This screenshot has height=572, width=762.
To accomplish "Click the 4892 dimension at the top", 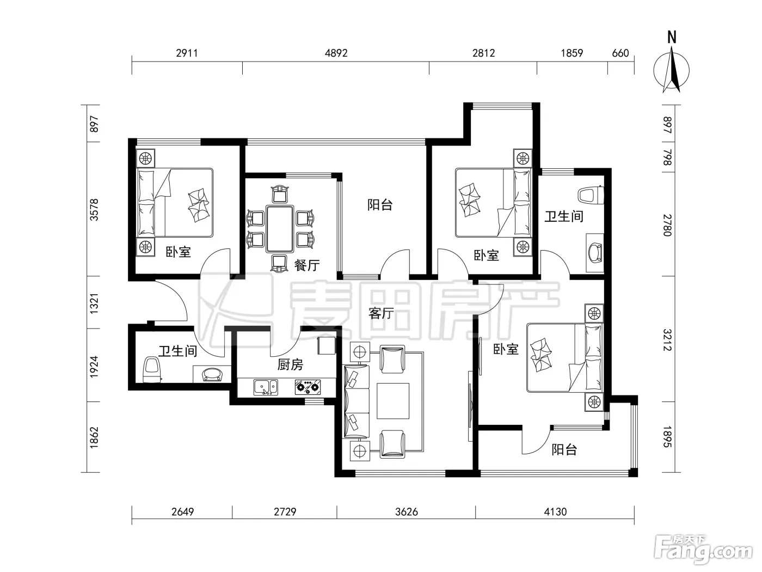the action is point(336,53).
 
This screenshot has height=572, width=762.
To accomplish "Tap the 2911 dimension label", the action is point(187,53).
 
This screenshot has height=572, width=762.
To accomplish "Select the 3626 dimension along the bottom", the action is point(407,512).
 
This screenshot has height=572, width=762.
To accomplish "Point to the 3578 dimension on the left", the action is point(94,210).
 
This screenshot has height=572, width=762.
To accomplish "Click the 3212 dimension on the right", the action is point(668,340).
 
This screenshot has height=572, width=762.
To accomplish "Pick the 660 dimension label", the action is point(620,53).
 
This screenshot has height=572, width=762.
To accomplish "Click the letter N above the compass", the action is point(672,38).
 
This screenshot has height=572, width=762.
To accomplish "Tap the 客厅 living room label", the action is point(381,314).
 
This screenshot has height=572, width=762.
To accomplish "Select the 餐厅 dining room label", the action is point(307,265).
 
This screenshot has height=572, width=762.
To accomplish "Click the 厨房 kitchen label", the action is point(290,364).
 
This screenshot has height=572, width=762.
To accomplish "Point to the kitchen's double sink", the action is point(266,387).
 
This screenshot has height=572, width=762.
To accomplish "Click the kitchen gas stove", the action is point(308,387).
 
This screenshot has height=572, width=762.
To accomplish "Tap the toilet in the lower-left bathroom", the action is point(152,369).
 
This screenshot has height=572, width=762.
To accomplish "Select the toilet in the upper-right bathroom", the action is point(591,196).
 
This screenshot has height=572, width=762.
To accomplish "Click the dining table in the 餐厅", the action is point(280,229).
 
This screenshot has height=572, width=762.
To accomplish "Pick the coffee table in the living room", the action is point(393,401).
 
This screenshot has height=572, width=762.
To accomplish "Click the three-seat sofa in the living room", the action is point(356,401).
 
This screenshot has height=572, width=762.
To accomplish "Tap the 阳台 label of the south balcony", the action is point(564,450).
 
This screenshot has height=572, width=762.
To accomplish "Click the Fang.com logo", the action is point(704,550).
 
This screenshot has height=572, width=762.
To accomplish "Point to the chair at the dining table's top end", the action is point(280,194).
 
